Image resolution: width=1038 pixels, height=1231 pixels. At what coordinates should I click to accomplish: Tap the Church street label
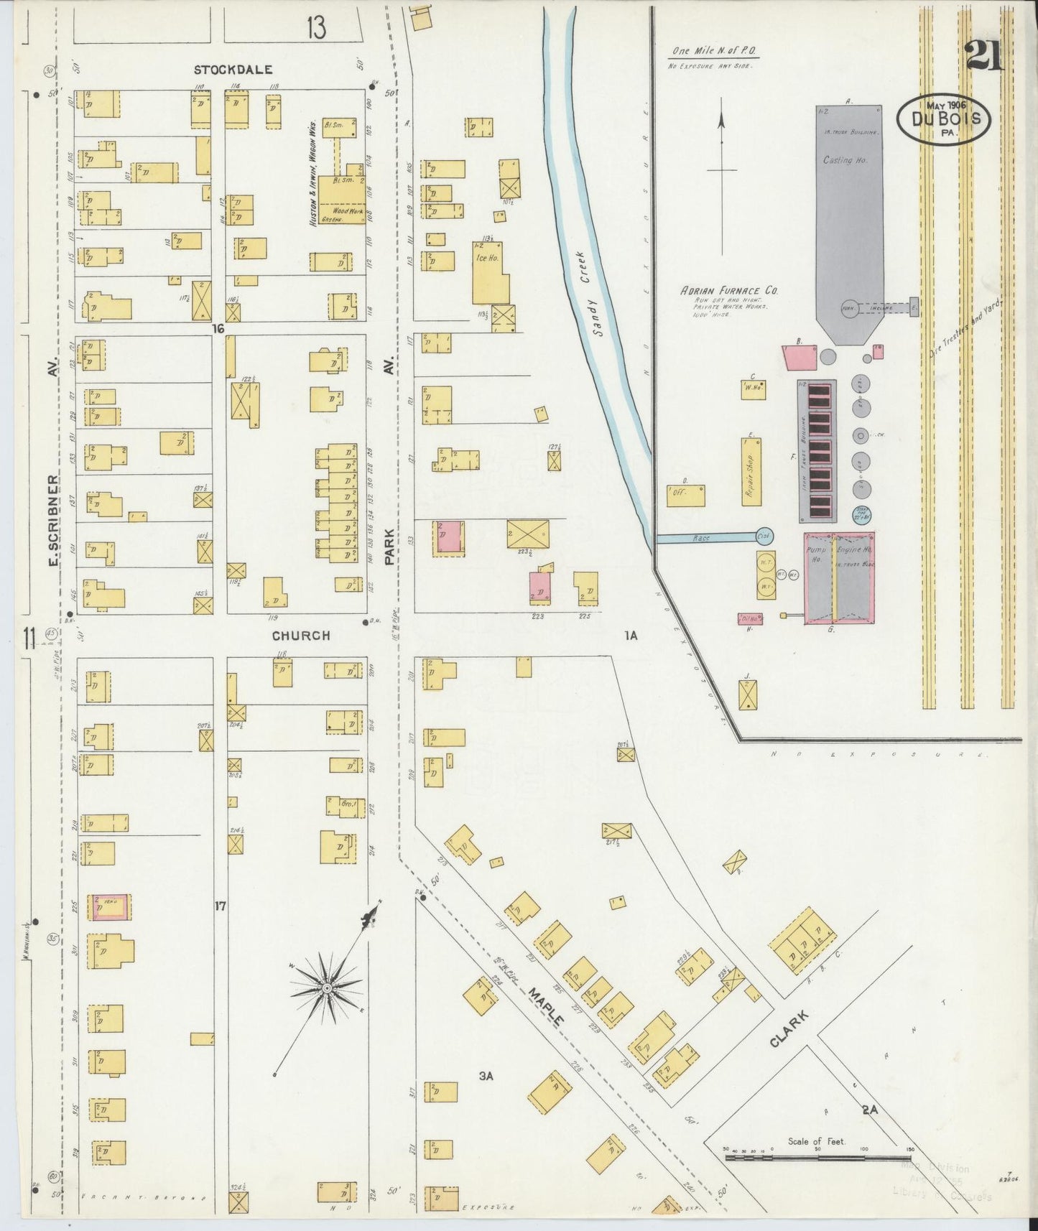point(300,636)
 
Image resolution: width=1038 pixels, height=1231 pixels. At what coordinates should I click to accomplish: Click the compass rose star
point(327,989)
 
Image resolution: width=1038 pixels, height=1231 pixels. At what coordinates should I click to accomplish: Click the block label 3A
point(486,1075)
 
